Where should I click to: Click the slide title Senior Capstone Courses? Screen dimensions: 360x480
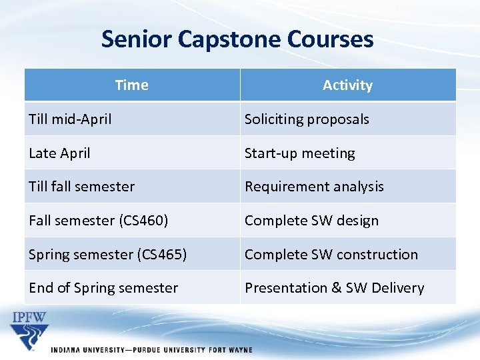(237, 39)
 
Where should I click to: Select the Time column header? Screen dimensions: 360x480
(131, 85)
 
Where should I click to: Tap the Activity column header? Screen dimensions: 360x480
(347, 85)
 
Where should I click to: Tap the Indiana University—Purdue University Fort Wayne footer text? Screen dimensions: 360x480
(152, 350)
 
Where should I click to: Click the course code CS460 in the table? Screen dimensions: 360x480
(146, 221)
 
